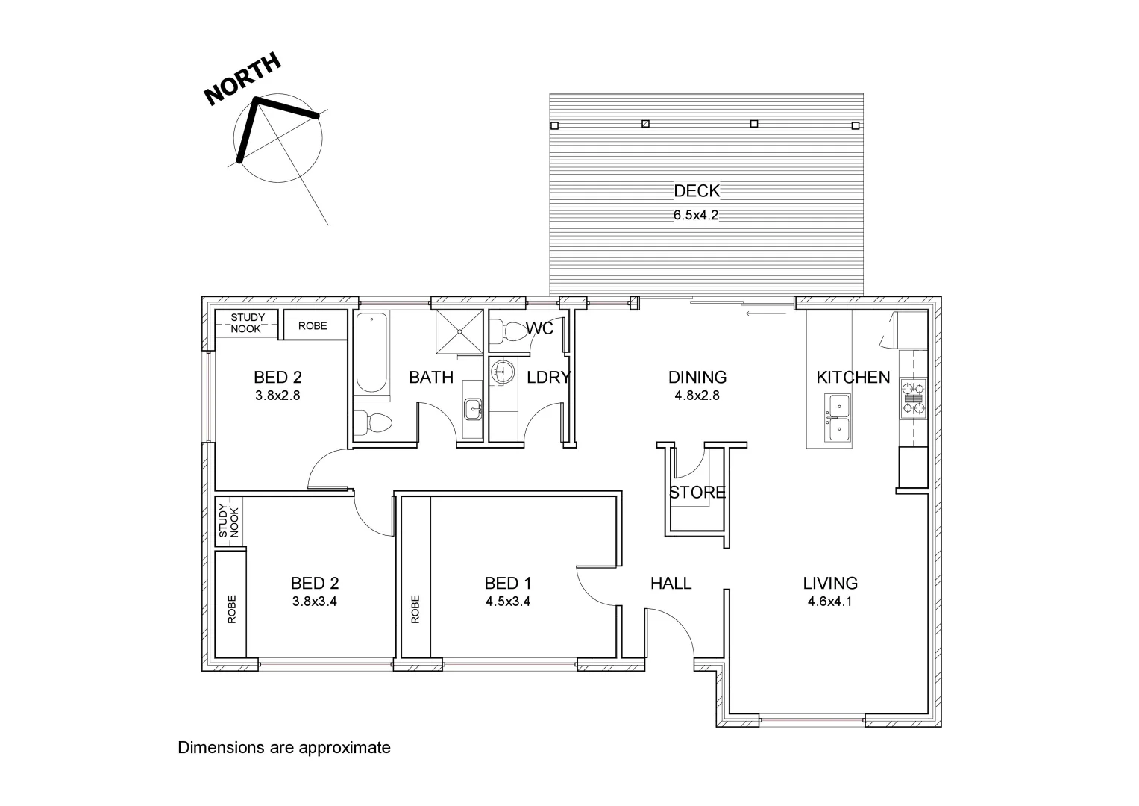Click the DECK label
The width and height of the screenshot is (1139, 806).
[x=697, y=191]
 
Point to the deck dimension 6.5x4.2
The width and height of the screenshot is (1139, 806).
[x=696, y=216]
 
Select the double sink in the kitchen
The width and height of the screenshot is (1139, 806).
[x=838, y=419]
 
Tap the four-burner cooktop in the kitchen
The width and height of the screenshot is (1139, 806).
[x=913, y=398]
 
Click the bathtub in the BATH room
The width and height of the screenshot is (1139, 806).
[x=371, y=353]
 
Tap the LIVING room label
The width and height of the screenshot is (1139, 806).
[x=830, y=583]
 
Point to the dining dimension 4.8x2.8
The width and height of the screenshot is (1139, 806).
[x=697, y=396]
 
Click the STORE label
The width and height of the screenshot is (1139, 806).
[x=697, y=493]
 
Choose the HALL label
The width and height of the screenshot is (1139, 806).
[x=671, y=583]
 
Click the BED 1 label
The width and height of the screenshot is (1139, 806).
[x=507, y=583]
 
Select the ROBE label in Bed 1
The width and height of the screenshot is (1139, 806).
[x=415, y=608]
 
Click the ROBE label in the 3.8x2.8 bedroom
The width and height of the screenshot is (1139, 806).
[x=313, y=326]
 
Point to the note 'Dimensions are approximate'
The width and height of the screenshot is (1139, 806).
[x=284, y=747]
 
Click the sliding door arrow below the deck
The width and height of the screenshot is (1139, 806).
[x=766, y=314]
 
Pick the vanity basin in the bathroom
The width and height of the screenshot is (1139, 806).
[x=472, y=409]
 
